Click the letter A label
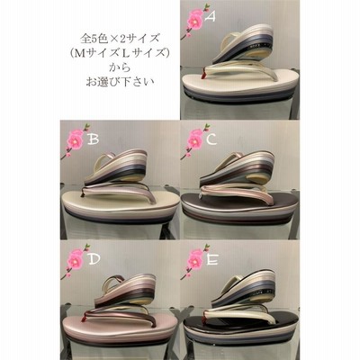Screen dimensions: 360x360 point(210,16)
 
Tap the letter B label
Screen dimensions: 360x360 point(92,139)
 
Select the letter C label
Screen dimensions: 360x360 point(211,139)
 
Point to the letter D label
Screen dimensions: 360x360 point(94,259)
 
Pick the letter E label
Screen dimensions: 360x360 point(211,259)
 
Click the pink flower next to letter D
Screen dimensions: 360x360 point(75,261)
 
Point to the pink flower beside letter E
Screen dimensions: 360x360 point(195,261)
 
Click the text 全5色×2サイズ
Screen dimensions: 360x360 point(120,39)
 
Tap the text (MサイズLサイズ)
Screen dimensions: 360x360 point(120,53)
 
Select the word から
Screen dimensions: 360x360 point(120,67)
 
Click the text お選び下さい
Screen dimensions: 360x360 point(120,82)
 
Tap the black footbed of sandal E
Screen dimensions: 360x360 point(240,319)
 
